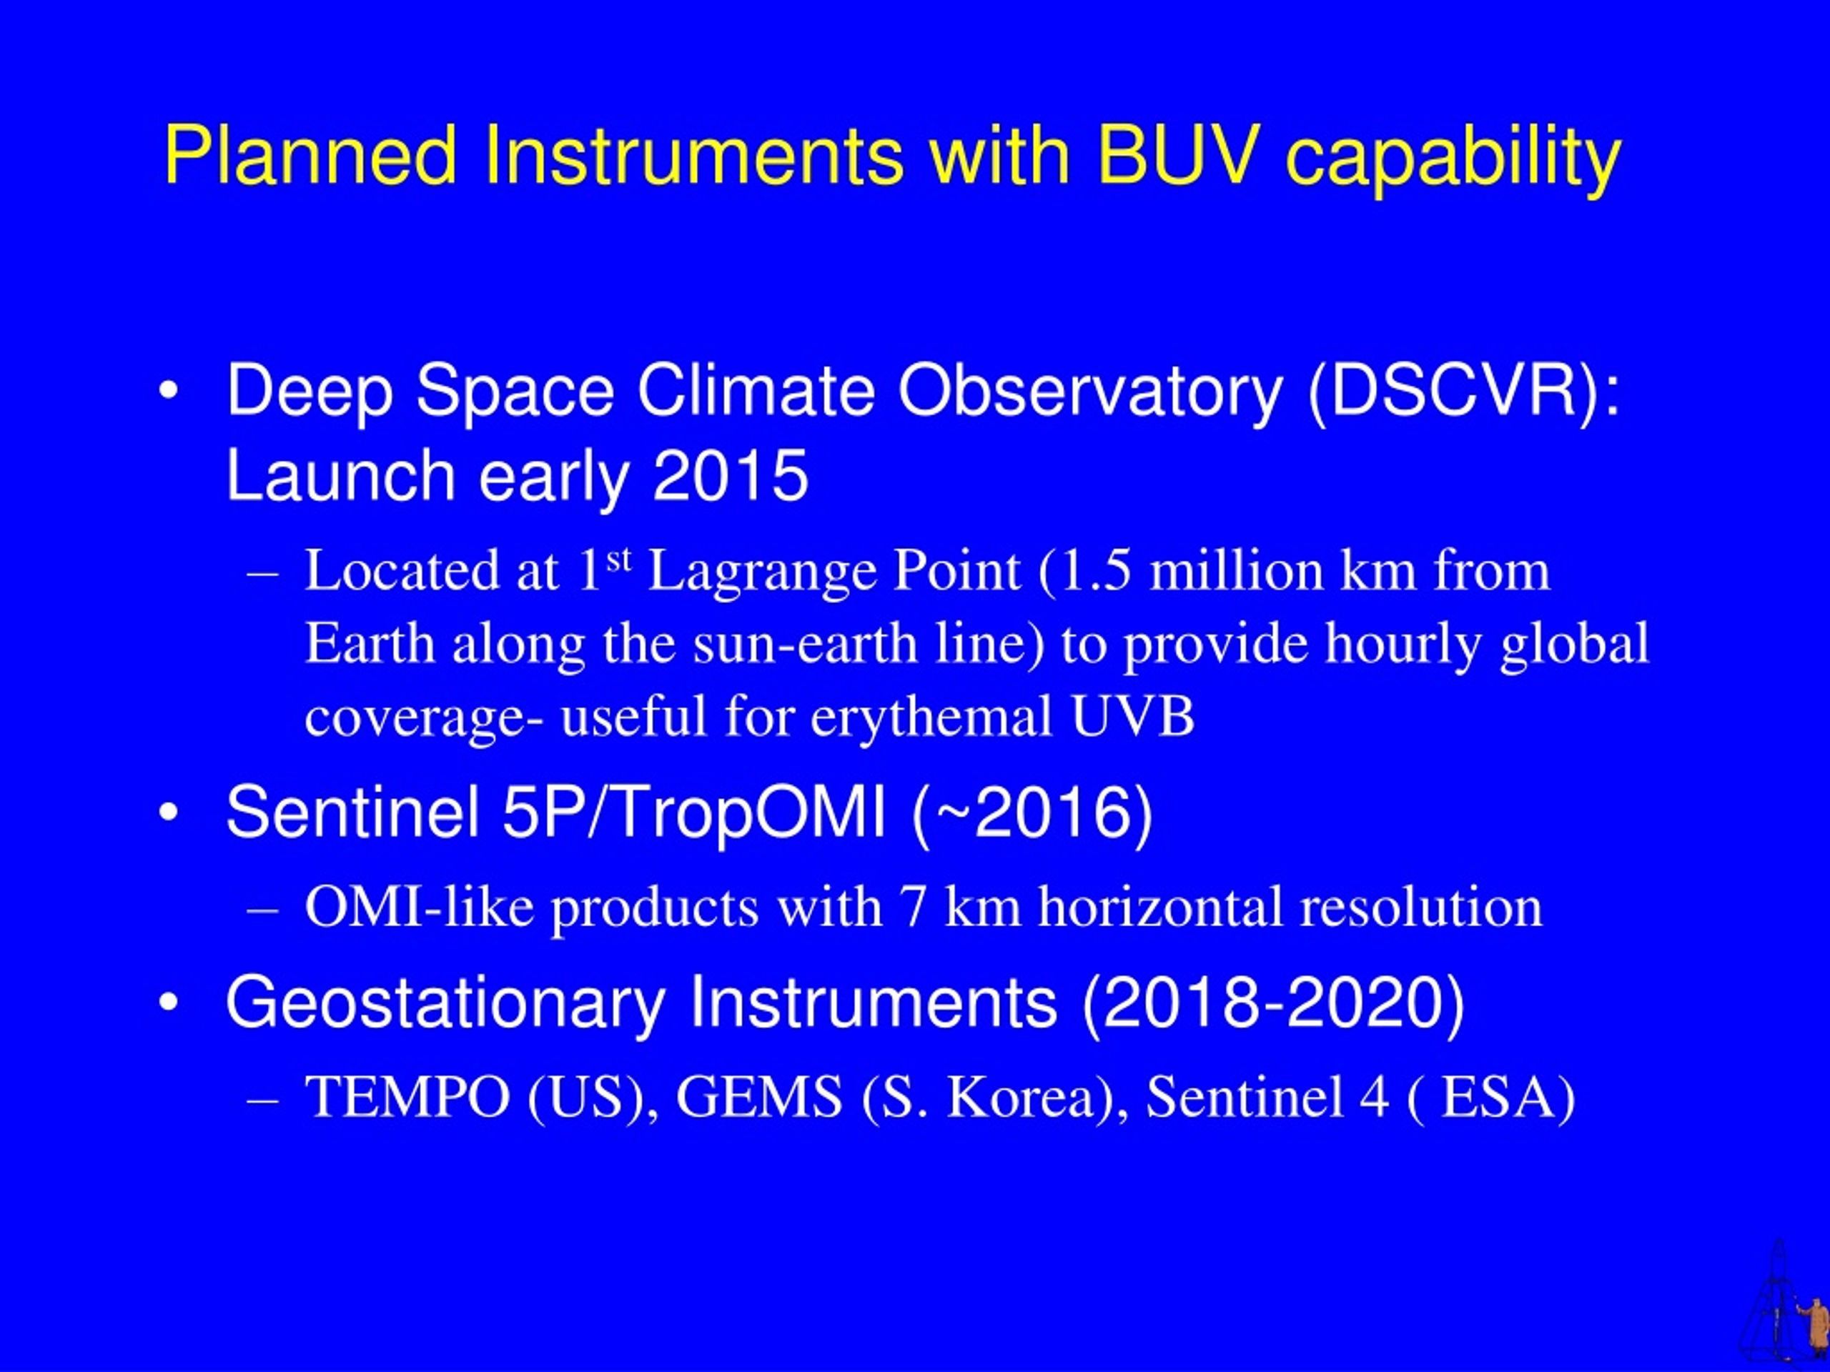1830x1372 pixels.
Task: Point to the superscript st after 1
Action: click(619, 560)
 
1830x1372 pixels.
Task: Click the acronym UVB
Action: click(1134, 717)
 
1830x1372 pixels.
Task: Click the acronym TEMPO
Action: click(407, 1098)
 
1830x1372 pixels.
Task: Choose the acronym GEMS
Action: click(758, 1098)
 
